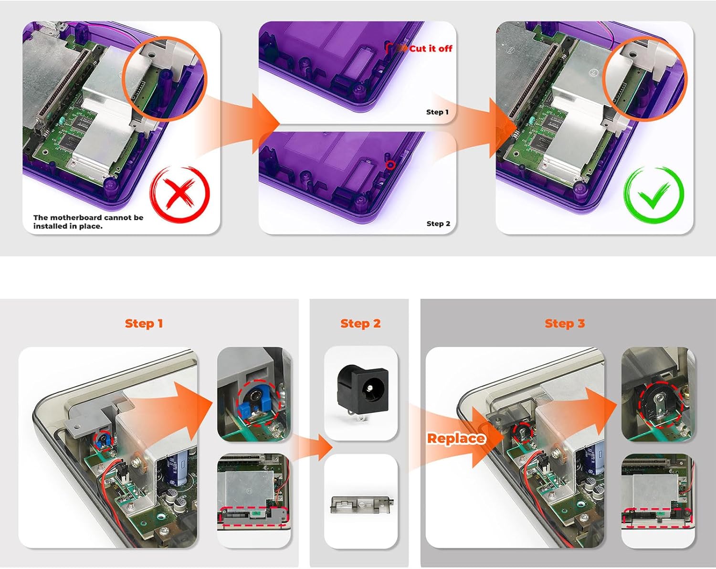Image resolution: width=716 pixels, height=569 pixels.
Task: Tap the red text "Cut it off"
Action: (431, 49)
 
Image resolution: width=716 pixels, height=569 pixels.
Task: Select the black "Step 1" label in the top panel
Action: (438, 112)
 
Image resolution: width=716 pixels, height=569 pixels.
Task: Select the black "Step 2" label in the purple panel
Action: (438, 223)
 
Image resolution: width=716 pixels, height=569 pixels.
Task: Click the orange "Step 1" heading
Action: (144, 324)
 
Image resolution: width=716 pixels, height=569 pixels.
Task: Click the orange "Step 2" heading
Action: (360, 324)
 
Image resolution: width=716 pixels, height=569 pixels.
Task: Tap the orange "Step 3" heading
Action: (565, 324)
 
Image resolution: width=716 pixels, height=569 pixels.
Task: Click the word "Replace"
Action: (456, 438)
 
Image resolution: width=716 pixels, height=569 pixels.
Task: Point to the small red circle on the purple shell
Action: (390, 165)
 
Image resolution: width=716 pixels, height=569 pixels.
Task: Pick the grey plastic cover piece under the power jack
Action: (361, 505)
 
